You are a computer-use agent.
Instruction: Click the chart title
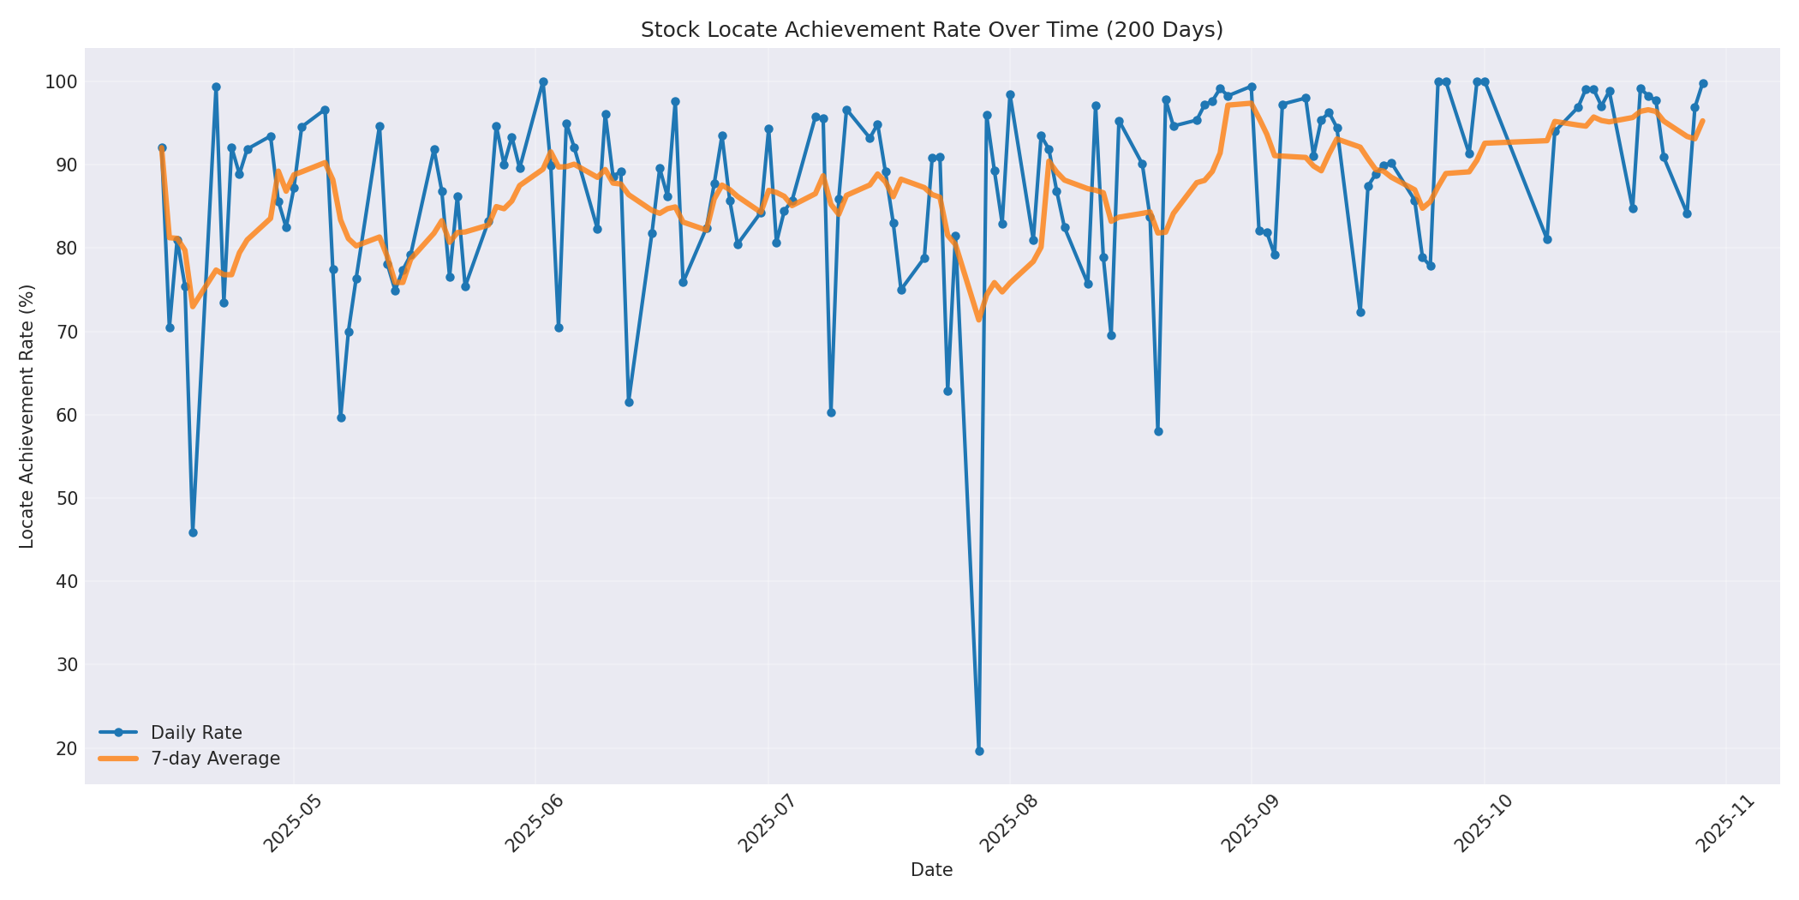931,30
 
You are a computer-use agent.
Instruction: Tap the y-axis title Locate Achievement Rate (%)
27,416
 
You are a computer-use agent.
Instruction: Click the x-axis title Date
931,870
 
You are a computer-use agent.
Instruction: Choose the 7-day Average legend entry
215,759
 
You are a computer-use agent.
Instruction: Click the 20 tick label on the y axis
66,748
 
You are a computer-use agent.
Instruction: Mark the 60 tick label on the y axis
66,415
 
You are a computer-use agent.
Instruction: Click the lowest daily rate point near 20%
979,751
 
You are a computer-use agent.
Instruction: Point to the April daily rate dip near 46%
193,532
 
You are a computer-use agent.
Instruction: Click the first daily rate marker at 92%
162,148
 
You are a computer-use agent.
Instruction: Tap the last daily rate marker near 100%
1703,84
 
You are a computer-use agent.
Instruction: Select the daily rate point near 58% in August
1158,431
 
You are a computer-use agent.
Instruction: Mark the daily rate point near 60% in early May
341,417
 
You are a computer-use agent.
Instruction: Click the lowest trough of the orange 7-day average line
978,320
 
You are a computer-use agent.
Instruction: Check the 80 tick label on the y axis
66,249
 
